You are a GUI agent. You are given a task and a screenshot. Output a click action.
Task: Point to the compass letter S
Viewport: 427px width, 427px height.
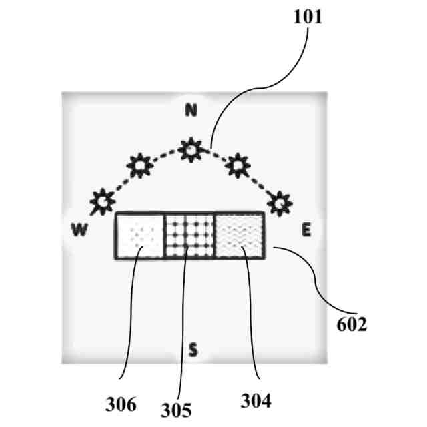coord(193,348)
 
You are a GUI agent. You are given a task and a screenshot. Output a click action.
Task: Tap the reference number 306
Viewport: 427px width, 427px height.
coord(121,404)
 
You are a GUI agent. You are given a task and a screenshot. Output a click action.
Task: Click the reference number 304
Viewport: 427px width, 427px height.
coord(256,401)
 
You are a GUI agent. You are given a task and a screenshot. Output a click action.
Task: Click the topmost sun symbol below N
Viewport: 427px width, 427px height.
coord(192,149)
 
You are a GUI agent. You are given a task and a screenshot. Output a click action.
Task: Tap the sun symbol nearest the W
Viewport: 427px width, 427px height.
coord(103,199)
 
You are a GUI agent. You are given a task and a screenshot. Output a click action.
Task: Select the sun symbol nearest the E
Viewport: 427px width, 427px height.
coord(280,199)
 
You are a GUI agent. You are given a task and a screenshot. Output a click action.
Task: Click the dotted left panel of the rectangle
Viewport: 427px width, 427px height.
coord(140,236)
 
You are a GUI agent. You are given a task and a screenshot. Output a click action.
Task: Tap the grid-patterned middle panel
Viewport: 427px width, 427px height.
coord(189,236)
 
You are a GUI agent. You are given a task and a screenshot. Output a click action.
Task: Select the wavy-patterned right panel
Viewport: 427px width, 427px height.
coord(240,236)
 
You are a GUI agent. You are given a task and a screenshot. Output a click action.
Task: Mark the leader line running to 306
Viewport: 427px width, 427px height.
coord(127,320)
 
